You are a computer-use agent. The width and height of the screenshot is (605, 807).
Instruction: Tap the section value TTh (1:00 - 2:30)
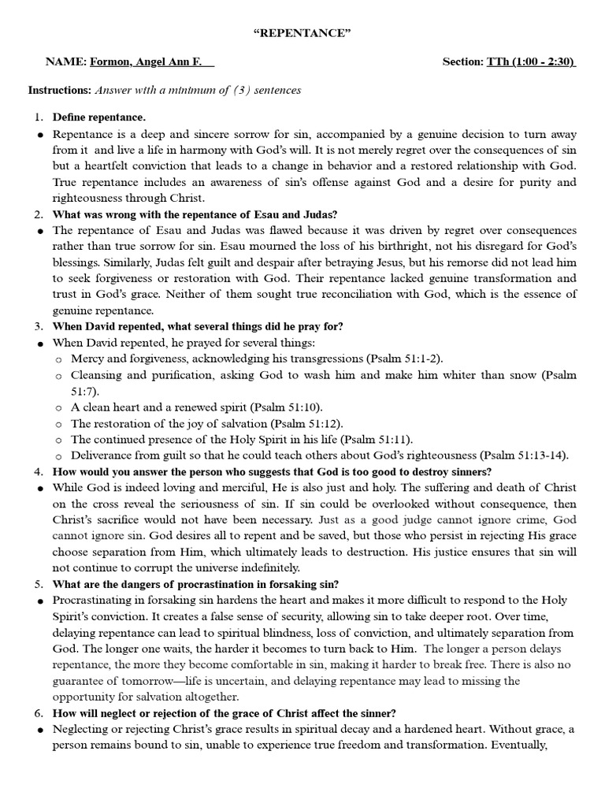[532, 61]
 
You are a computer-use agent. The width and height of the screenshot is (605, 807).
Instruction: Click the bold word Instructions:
[60, 90]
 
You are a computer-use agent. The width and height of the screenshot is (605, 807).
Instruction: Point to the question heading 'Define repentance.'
[98, 117]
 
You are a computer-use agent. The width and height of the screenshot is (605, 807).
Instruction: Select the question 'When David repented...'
[197, 326]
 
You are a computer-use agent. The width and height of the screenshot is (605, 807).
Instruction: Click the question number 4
[38, 471]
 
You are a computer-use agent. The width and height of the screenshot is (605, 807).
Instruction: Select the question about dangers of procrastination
[195, 584]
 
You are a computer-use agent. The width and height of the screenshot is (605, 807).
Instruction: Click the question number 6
[38, 712]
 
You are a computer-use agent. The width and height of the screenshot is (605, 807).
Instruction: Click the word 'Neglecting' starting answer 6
[82, 729]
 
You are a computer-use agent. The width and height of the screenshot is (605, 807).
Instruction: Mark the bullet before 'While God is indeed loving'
[40, 489]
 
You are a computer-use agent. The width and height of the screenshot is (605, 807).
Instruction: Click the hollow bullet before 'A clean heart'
[59, 408]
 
